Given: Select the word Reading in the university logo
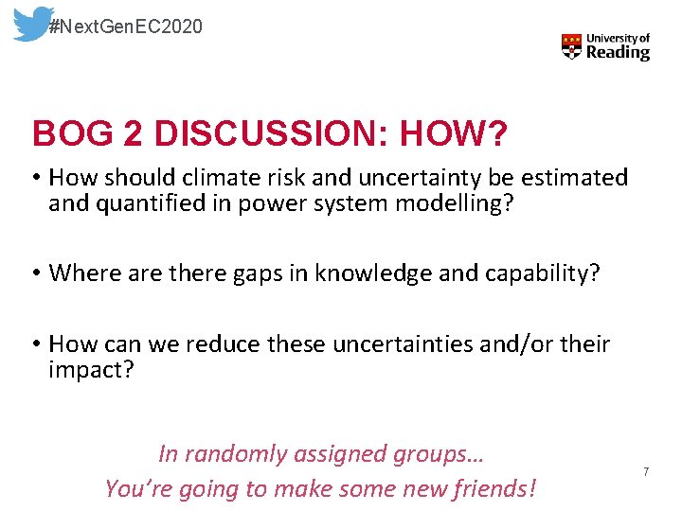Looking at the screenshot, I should [x=618, y=54].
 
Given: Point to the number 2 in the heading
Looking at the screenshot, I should [x=134, y=134].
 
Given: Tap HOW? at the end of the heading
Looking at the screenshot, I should [x=453, y=134].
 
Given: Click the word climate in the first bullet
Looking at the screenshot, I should [x=214, y=178].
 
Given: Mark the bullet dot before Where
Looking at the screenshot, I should [x=36, y=273].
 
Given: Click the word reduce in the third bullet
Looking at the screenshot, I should [x=224, y=344].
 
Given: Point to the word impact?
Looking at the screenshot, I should [x=92, y=370].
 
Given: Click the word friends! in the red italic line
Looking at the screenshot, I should [x=492, y=489].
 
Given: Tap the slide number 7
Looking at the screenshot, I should [x=646, y=471].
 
